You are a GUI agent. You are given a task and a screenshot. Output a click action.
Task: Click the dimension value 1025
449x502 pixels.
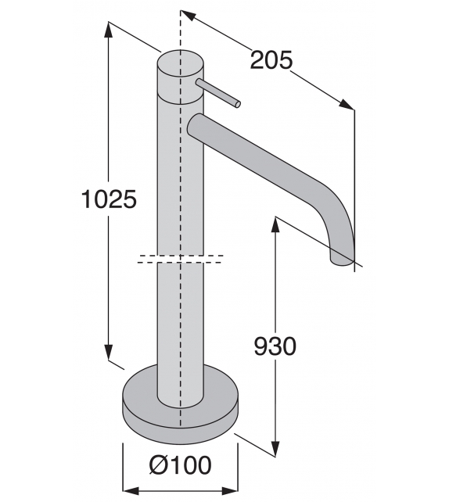point(110,199)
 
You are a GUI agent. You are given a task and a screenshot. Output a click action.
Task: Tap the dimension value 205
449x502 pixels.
point(271,59)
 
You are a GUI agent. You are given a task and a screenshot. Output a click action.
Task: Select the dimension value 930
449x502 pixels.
point(275,346)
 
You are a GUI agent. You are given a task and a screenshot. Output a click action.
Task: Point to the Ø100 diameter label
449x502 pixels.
point(180,466)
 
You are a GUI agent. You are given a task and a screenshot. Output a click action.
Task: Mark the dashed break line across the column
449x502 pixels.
point(181,259)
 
